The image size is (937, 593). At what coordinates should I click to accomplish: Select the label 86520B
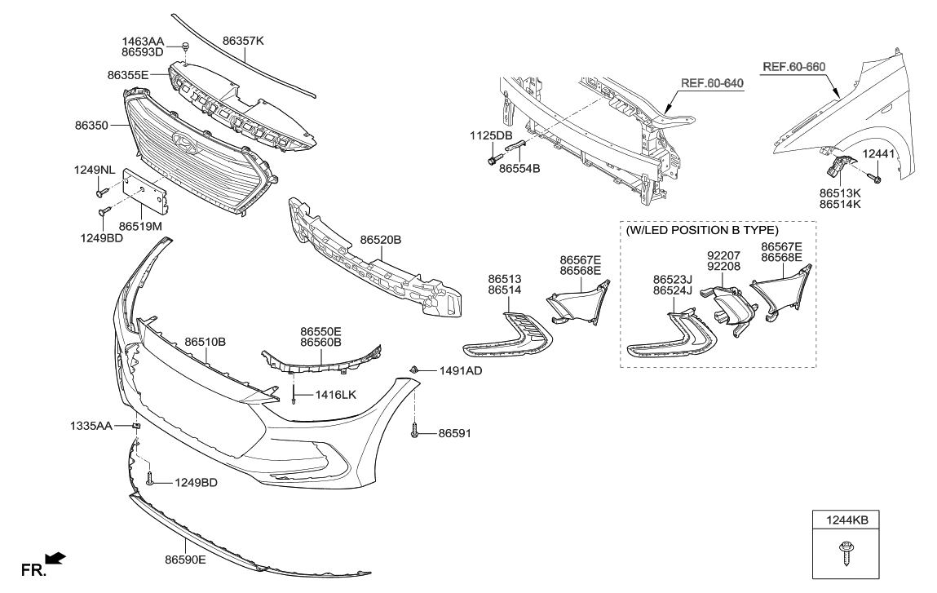coord(381,241)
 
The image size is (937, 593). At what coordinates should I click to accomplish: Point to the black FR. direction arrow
coord(55,558)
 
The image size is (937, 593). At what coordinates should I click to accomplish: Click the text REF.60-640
coord(712,83)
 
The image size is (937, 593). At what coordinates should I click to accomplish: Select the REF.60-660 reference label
coord(793,65)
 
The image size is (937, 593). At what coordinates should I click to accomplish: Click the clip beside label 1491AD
coord(415,370)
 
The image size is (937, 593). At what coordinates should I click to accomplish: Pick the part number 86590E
coord(185,560)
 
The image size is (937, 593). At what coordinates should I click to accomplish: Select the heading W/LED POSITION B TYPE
coord(702,230)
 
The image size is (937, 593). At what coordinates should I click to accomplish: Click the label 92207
coord(723,254)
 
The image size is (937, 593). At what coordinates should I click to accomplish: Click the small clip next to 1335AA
coord(137,427)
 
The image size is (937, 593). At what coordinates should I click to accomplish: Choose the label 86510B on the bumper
coord(205,342)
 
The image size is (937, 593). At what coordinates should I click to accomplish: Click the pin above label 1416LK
coord(292,399)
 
